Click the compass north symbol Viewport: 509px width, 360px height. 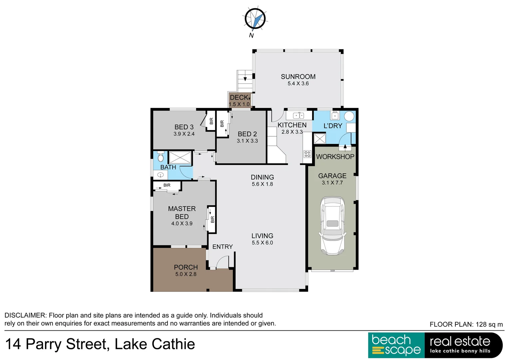click(255, 19)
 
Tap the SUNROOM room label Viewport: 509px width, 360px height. click(298, 77)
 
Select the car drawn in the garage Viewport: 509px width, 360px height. click(332, 226)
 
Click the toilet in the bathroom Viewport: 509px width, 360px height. click(161, 157)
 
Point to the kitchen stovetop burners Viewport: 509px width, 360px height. click(307, 154)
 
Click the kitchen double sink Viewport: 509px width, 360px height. click(298, 116)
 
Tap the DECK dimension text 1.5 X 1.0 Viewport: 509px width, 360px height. click(239, 104)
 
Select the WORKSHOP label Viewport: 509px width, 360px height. click(335, 157)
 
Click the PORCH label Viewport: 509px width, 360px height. click(186, 267)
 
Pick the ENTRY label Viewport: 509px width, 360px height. click(223, 247)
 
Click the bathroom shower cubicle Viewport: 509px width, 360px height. click(180, 158)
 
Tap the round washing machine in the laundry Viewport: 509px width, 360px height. click(349, 116)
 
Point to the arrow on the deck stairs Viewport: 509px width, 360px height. click(246, 79)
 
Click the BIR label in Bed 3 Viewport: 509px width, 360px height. click(211, 121)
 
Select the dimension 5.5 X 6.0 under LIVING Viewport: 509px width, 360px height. click(262, 243)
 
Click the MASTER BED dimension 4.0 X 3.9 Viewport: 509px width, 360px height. click(182, 224)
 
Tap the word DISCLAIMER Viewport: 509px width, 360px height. click(25, 315)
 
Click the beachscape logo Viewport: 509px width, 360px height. click(396, 345)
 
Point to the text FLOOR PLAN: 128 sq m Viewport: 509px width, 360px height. click(466, 324)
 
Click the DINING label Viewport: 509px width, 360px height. click(262, 177)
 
